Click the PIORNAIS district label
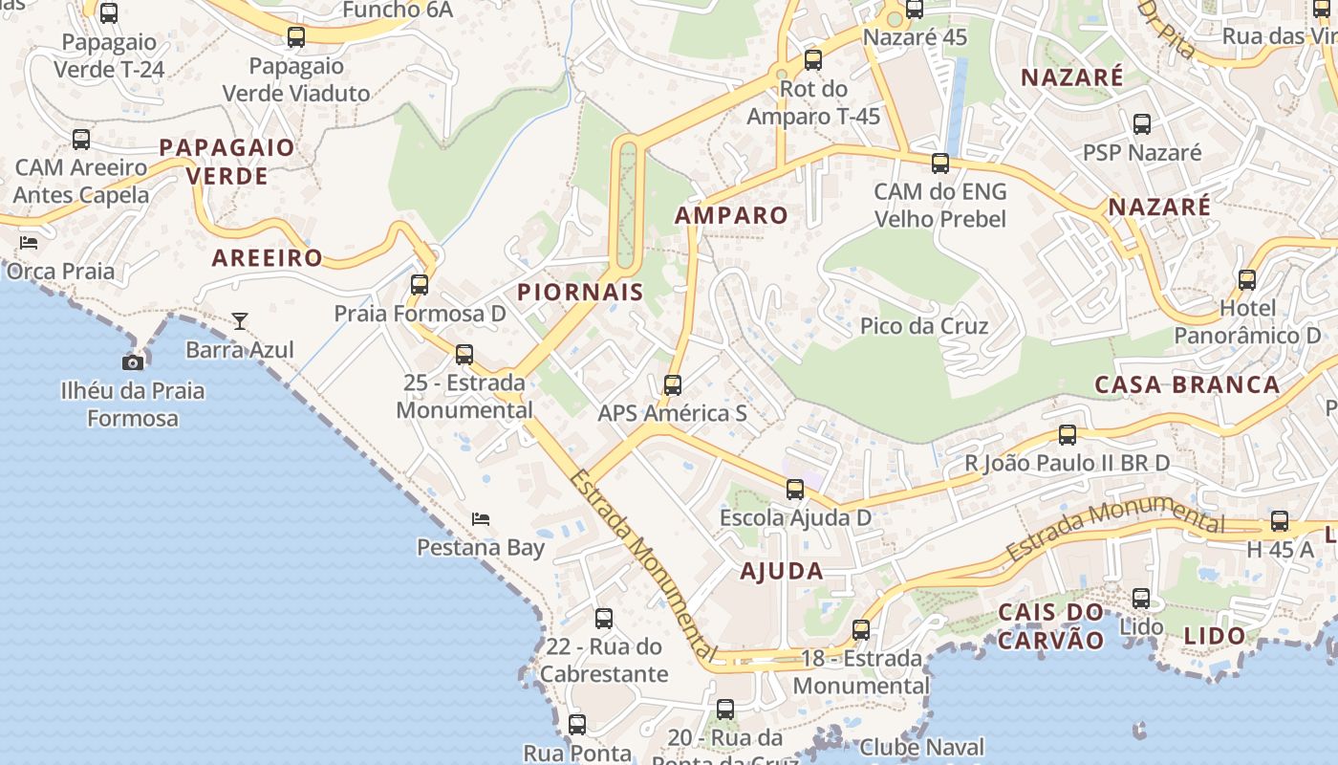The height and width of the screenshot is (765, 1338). (580, 293)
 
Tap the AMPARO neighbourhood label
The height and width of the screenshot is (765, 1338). (731, 215)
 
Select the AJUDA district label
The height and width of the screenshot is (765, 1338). (781, 572)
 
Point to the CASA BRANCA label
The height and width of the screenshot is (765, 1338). (1187, 384)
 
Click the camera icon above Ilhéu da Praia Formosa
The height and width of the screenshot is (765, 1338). (133, 361)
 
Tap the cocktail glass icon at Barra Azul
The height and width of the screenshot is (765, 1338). (240, 320)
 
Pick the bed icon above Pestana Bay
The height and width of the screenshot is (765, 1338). (481, 519)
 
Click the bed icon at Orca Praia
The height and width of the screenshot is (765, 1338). (29, 242)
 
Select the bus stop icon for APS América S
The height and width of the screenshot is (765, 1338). (673, 385)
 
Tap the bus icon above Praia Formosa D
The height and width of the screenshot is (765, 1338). (420, 284)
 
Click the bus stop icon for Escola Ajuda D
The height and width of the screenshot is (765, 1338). (795, 490)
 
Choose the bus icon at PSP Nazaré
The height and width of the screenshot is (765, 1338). (1142, 123)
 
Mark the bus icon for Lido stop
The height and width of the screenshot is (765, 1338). (1141, 599)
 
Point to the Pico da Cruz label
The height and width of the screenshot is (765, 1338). (924, 326)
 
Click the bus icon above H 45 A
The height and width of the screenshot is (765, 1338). (1280, 521)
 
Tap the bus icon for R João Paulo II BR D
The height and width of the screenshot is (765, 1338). (1068, 435)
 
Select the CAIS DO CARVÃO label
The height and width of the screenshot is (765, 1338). (1050, 626)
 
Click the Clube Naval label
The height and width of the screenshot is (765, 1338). (921, 747)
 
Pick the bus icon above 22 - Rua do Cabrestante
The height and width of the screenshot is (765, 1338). (604, 619)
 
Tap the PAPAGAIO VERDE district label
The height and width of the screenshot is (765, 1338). (227, 162)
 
